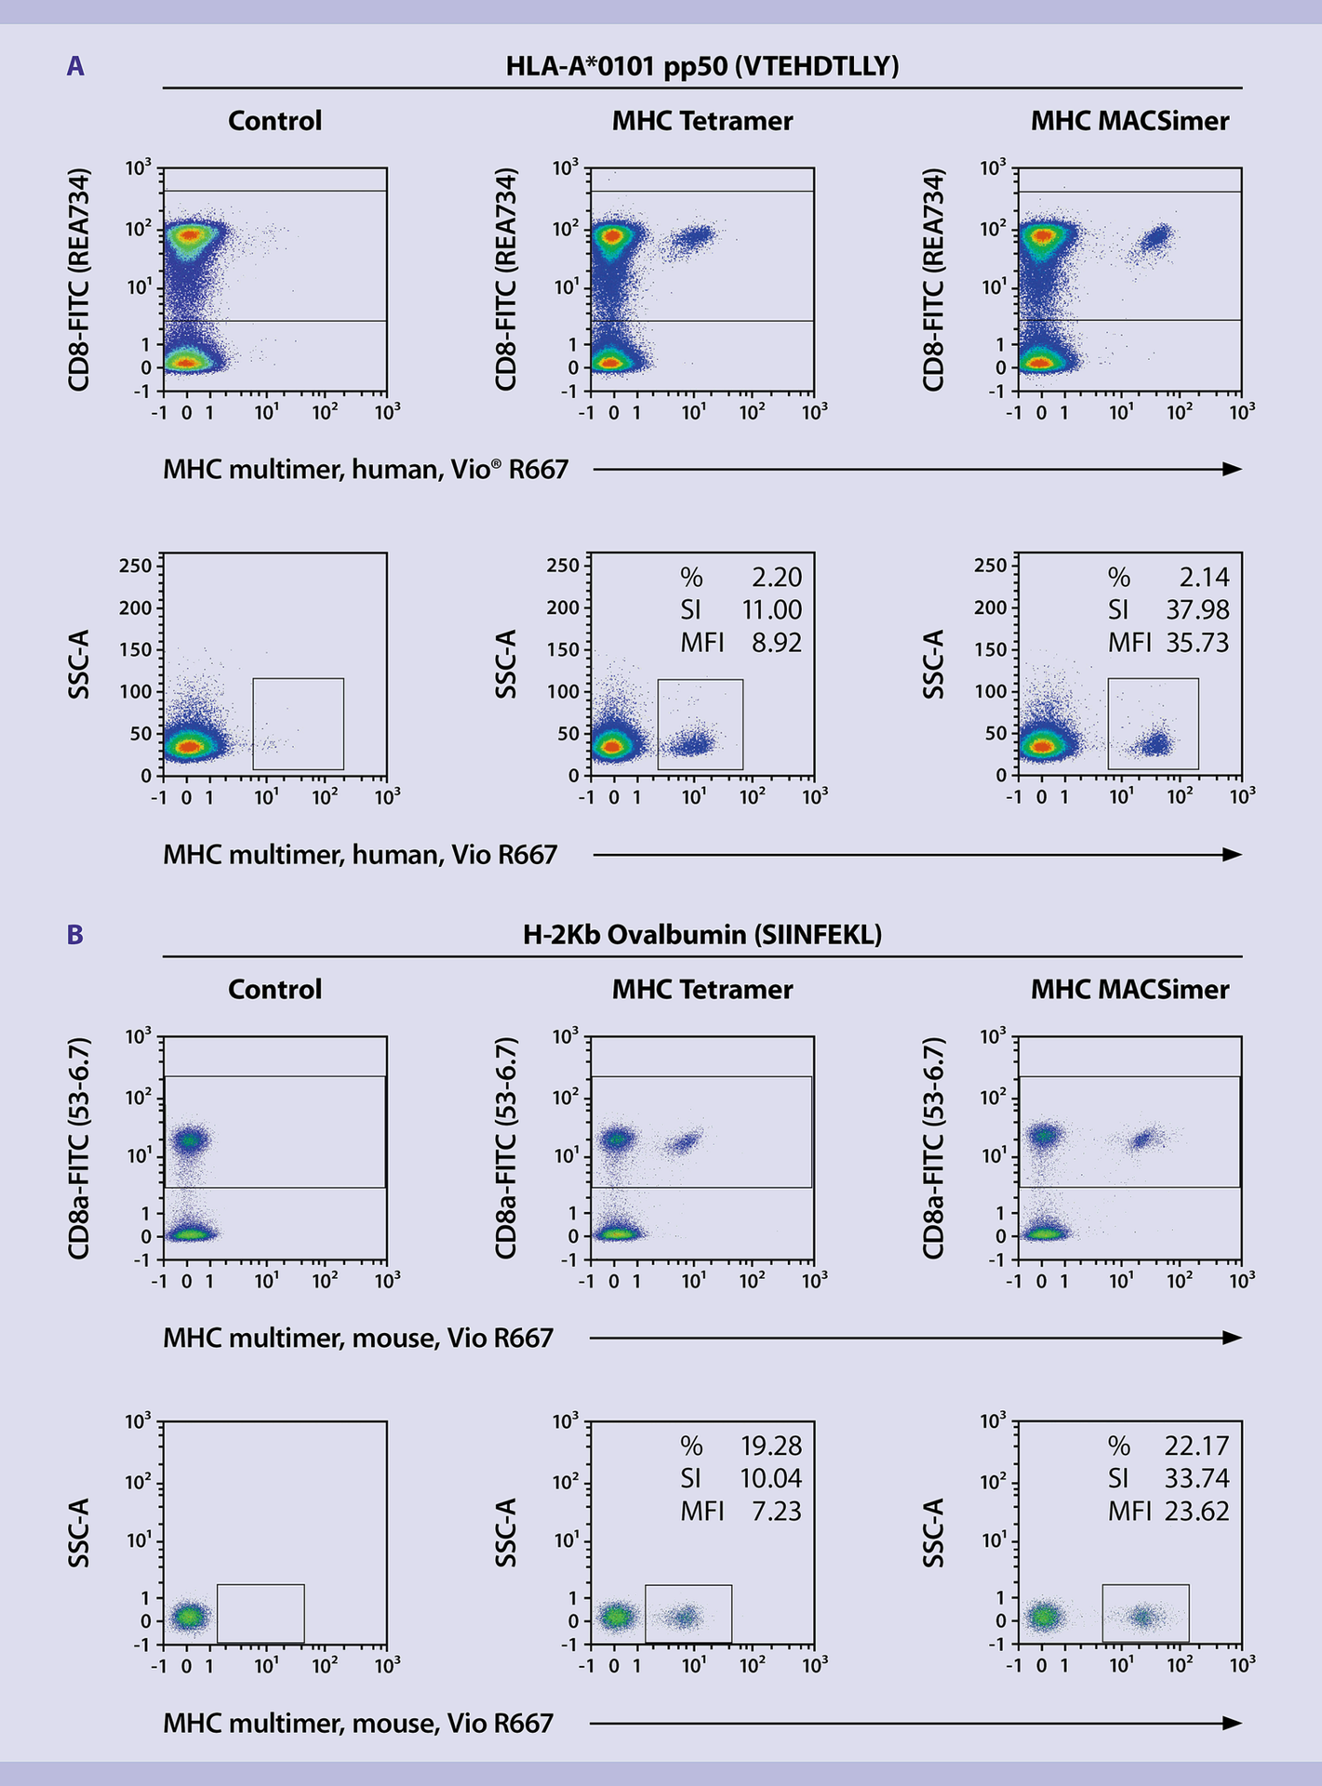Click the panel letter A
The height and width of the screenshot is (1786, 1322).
(75, 67)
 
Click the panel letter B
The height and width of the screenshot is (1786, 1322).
(75, 935)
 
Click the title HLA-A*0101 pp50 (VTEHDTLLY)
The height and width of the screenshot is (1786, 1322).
(702, 67)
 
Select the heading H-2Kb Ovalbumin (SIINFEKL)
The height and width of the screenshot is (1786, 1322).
(702, 935)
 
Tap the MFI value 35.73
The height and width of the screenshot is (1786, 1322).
(1197, 643)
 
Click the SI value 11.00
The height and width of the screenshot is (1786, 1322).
(771, 610)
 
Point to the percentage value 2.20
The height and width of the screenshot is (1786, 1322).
(776, 578)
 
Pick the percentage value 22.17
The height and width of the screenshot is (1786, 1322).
(1196, 1446)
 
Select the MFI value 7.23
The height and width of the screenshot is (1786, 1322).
(776, 1511)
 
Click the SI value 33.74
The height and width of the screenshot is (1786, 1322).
(1196, 1478)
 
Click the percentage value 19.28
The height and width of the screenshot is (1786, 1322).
(770, 1446)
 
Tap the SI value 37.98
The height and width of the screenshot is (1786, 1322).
(1197, 610)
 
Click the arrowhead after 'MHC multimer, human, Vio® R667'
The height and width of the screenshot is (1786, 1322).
(1232, 469)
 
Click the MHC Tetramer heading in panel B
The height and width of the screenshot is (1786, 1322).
(702, 989)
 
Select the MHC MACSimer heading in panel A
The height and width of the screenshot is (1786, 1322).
(1129, 121)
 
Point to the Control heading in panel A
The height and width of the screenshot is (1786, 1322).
(274, 121)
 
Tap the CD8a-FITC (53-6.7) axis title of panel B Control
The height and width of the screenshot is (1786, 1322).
(79, 1148)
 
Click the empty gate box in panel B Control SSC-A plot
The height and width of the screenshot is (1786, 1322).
(260, 1613)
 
